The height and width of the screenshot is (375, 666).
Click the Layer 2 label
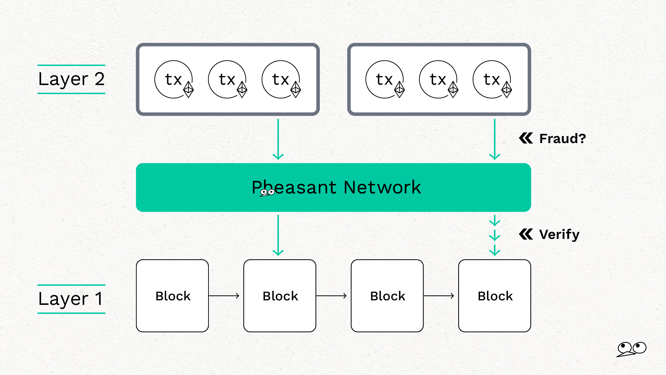coord(71,79)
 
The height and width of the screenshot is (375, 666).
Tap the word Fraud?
coord(562,139)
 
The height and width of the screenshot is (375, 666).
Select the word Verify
coord(559,235)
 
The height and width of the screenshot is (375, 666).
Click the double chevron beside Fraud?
coord(526,138)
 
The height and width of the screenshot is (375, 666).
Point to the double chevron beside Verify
coord(526,234)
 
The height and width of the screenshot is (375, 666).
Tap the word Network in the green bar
coord(382,187)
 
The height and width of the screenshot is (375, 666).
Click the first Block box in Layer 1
coord(172,296)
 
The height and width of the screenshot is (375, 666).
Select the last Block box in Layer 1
coord(495,296)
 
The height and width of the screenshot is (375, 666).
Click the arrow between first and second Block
coord(224,296)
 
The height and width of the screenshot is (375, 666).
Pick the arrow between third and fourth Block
coord(439,296)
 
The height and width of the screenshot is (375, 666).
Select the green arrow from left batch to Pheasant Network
coord(278,139)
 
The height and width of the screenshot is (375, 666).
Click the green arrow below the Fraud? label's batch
coord(495,139)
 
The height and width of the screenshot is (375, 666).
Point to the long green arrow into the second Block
coord(278,235)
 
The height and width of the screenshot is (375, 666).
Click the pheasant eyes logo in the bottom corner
coord(632,349)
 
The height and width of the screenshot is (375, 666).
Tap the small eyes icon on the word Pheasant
coord(267,192)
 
